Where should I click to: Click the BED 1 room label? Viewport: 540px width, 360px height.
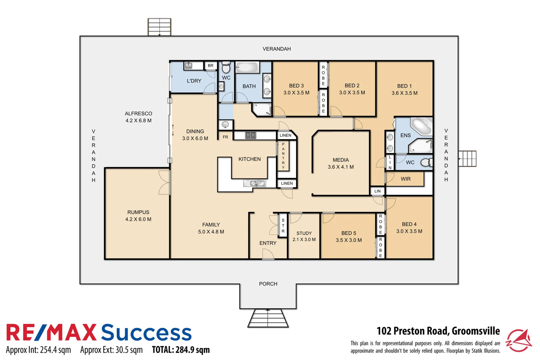[x=404, y=86]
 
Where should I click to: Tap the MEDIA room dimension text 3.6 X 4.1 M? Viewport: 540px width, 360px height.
[x=341, y=167]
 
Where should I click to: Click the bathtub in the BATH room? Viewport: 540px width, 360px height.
[x=247, y=68]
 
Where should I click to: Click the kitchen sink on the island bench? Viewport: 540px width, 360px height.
[x=254, y=183]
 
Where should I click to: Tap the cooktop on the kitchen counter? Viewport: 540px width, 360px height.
[x=251, y=135]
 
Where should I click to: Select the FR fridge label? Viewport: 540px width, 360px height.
[x=225, y=137]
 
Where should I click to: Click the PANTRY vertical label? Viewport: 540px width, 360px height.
[x=283, y=156]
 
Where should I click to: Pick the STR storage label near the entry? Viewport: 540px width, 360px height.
[x=283, y=226]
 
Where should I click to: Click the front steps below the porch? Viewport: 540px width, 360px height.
[x=268, y=318]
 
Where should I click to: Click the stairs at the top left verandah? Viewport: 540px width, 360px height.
[x=159, y=27]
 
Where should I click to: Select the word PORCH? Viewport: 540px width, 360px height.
[x=268, y=284]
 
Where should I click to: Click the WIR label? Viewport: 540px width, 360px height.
[x=406, y=179]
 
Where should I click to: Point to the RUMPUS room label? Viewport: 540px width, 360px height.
[x=138, y=212]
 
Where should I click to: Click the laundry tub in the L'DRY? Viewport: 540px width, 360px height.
[x=189, y=66]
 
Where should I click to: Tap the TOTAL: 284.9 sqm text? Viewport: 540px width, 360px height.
[x=181, y=350]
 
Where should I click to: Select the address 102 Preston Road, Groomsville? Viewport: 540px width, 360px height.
[x=438, y=331]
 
